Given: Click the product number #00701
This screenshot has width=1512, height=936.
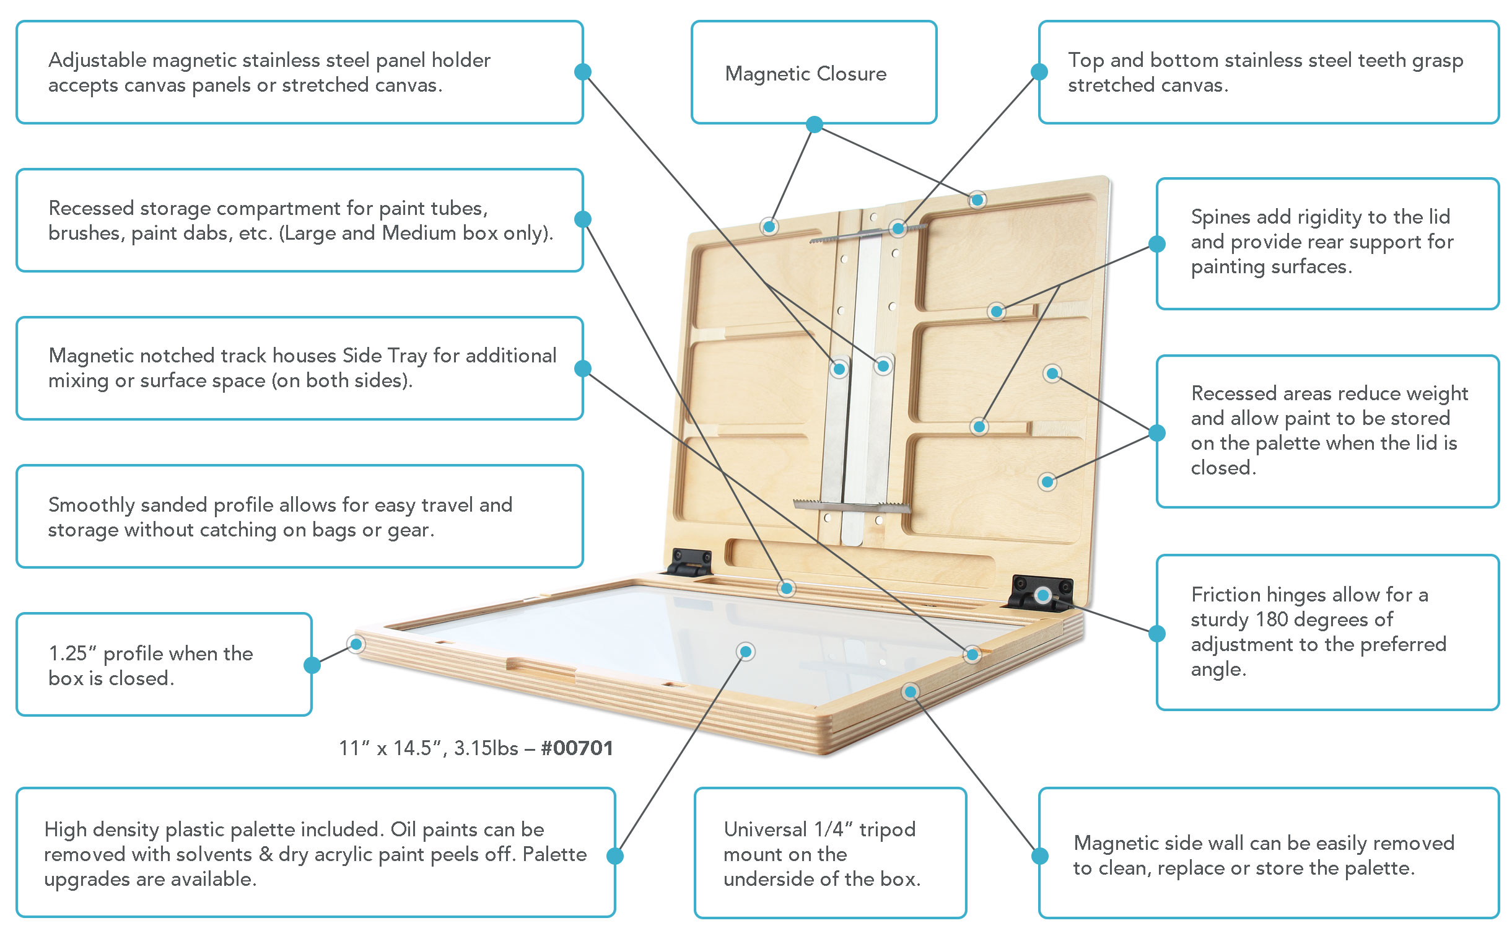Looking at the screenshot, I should pyautogui.click(x=577, y=748).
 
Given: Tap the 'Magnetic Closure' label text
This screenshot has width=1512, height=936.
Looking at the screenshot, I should pyautogui.click(x=805, y=74).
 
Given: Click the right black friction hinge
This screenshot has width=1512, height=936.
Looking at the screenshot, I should pyautogui.click(x=1041, y=592).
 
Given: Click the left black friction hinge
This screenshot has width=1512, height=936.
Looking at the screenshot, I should pyautogui.click(x=689, y=561).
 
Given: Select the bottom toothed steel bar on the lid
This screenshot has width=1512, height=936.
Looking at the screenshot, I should pyautogui.click(x=852, y=506).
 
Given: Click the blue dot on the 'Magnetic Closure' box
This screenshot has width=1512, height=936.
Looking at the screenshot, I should pyautogui.click(x=815, y=125).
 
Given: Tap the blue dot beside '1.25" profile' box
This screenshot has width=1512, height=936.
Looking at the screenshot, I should pyautogui.click(x=312, y=665).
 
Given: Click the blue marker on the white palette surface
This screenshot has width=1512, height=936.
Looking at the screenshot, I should pyautogui.click(x=746, y=652).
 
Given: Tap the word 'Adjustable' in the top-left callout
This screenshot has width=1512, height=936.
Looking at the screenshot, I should pyautogui.click(x=97, y=61).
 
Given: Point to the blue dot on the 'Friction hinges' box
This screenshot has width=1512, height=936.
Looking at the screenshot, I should pyautogui.click(x=1157, y=634).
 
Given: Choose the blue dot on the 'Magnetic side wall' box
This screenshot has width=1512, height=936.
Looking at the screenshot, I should pyautogui.click(x=1040, y=856).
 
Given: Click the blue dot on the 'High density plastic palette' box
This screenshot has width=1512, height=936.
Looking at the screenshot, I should pyautogui.click(x=615, y=856).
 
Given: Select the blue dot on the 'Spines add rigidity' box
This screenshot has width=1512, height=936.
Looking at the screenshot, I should pyautogui.click(x=1157, y=244).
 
